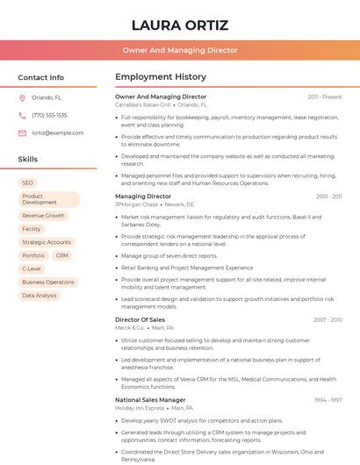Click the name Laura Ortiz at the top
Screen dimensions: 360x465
coord(179,25)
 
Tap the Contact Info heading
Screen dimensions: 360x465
coord(40,77)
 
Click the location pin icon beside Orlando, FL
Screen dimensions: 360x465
coord(22,98)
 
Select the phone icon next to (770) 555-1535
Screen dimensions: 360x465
coord(22,115)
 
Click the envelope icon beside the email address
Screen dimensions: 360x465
coord(22,133)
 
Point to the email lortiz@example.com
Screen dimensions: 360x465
coord(58,133)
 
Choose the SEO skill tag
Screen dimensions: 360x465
coord(28,182)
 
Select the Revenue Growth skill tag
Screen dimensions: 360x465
coord(43,215)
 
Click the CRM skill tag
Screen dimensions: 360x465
coord(61,255)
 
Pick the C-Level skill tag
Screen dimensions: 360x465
coord(32,268)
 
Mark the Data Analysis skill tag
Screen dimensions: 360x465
coord(40,296)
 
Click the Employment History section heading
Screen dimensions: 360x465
coord(161,77)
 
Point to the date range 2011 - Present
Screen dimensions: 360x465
coord(324,97)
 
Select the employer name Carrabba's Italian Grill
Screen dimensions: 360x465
coord(143,104)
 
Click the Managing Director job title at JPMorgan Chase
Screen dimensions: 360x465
coord(143,197)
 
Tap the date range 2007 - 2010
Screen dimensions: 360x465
coord(328,320)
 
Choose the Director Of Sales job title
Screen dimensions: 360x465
coord(140,320)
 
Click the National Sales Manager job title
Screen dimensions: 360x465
coord(150,400)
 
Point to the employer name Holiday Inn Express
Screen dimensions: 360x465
coord(140,408)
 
